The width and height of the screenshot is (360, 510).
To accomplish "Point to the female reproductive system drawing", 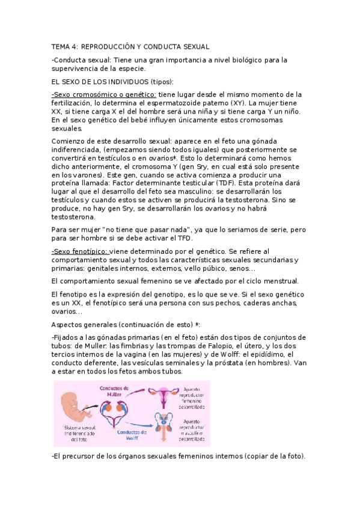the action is tap(160, 397).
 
